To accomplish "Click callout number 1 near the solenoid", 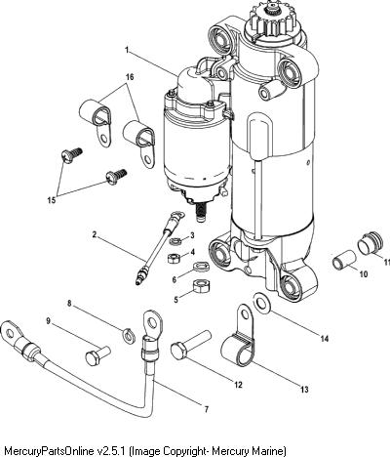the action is [127, 50].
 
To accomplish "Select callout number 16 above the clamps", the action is [130, 77].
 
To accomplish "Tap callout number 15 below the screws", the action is [52, 200].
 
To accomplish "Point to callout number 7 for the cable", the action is [206, 409].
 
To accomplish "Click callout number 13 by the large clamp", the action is [304, 390].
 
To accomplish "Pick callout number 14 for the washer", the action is [325, 339].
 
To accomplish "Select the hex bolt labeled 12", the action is [191, 345].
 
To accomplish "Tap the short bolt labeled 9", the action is [97, 355].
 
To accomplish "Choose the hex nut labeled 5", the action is [201, 286].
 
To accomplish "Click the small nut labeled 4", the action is [174, 258].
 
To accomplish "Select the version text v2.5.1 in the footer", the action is [113, 451].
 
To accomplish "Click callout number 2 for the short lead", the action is [95, 234].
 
